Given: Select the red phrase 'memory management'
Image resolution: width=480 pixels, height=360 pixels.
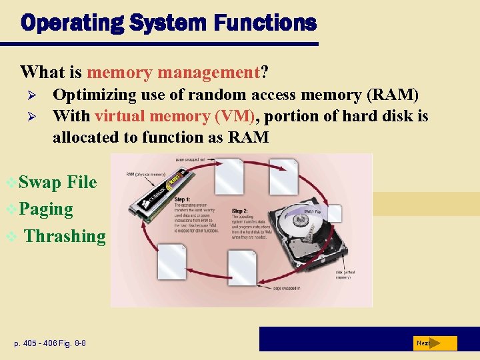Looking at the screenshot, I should click(173, 71).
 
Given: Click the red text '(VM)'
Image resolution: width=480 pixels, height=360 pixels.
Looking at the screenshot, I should click(236, 116).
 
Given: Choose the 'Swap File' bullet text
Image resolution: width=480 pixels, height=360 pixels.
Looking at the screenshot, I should click(58, 182).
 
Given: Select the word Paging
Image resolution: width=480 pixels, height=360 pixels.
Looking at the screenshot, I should click(46, 209).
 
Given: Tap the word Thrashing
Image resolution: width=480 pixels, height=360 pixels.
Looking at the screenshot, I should click(65, 236).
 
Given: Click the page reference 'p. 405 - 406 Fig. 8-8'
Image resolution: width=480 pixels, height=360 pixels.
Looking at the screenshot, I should click(50, 343).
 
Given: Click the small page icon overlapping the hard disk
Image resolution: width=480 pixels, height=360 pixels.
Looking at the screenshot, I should click(333, 213).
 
